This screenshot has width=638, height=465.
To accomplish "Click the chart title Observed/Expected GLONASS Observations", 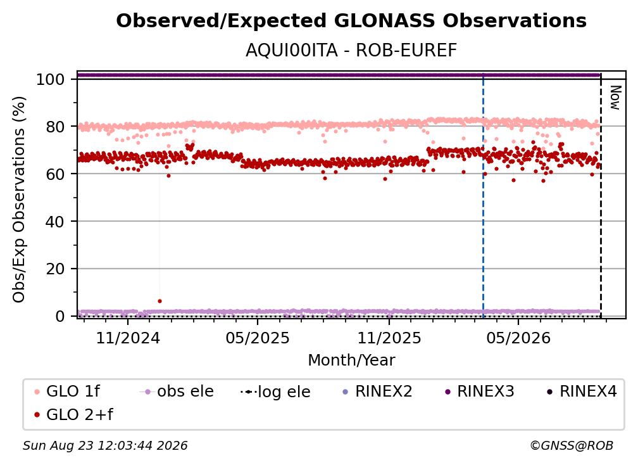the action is click(x=351, y=21).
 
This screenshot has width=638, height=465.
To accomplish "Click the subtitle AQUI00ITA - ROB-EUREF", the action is click(x=351, y=51).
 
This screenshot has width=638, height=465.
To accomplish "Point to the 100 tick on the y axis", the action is click(x=51, y=79).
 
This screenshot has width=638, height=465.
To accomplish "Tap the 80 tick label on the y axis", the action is click(x=55, y=127).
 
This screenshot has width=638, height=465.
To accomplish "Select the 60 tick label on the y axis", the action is click(x=55, y=174).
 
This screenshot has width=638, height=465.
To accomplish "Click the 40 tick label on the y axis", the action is click(x=55, y=222).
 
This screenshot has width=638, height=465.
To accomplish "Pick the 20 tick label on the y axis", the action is click(x=55, y=269).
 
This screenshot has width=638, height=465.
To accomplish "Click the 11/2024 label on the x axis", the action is click(x=128, y=338).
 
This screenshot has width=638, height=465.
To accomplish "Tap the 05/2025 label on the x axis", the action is click(x=258, y=338).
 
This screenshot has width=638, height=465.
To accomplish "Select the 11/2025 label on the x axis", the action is click(x=389, y=338).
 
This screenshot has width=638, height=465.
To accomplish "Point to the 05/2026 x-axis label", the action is click(x=518, y=338).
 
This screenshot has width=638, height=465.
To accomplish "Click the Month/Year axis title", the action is click(x=351, y=360).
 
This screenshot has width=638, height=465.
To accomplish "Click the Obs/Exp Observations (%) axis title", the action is click(x=19, y=200).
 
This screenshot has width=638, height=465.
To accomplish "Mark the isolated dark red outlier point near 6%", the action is click(x=159, y=301).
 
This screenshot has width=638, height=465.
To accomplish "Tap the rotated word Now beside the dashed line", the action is click(x=615, y=98).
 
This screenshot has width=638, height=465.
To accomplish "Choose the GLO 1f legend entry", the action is click(x=68, y=392).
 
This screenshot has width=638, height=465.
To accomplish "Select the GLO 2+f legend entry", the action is click(x=74, y=414).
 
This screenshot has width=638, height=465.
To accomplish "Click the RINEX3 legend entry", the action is click(x=480, y=392).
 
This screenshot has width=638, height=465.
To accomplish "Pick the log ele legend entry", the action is click(x=275, y=392).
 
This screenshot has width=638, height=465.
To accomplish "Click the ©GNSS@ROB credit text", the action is click(x=572, y=445).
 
